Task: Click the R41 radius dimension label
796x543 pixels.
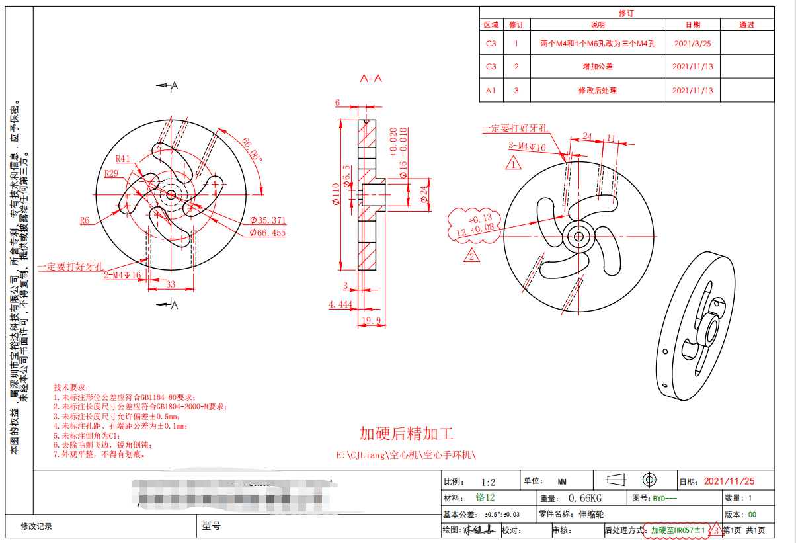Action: pyautogui.click(x=124, y=159)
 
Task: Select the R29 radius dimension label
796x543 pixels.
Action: pyautogui.click(x=112, y=173)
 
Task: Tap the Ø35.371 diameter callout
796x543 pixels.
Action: pyautogui.click(x=268, y=220)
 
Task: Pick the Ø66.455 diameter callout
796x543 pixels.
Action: pyautogui.click(x=268, y=233)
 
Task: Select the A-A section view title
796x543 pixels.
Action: pyautogui.click(x=371, y=79)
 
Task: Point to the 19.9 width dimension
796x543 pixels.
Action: pyautogui.click(x=372, y=321)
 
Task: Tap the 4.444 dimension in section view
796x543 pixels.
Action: pyautogui.click(x=340, y=304)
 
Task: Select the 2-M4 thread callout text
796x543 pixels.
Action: pyautogui.click(x=122, y=275)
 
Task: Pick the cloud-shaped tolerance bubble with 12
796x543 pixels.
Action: pyautogui.click(x=475, y=225)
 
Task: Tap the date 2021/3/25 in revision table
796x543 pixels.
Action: pyautogui.click(x=692, y=44)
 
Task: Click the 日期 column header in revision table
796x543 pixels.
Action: pyautogui.click(x=692, y=25)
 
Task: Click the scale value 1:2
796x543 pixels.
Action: pyautogui.click(x=489, y=481)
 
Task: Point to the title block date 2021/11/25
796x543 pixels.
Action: pyautogui.click(x=729, y=481)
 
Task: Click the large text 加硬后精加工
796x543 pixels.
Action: pyautogui.click(x=406, y=434)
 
